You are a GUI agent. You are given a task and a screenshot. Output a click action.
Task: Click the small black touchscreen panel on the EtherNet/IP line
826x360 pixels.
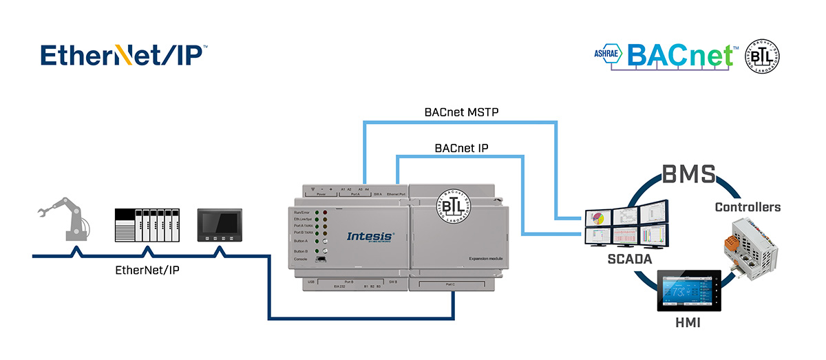pyautogui.click(x=220, y=225)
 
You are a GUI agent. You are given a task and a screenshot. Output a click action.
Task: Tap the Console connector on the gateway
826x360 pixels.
pyautogui.click(x=319, y=268)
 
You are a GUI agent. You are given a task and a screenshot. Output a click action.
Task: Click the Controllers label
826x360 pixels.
pyautogui.click(x=748, y=207)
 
